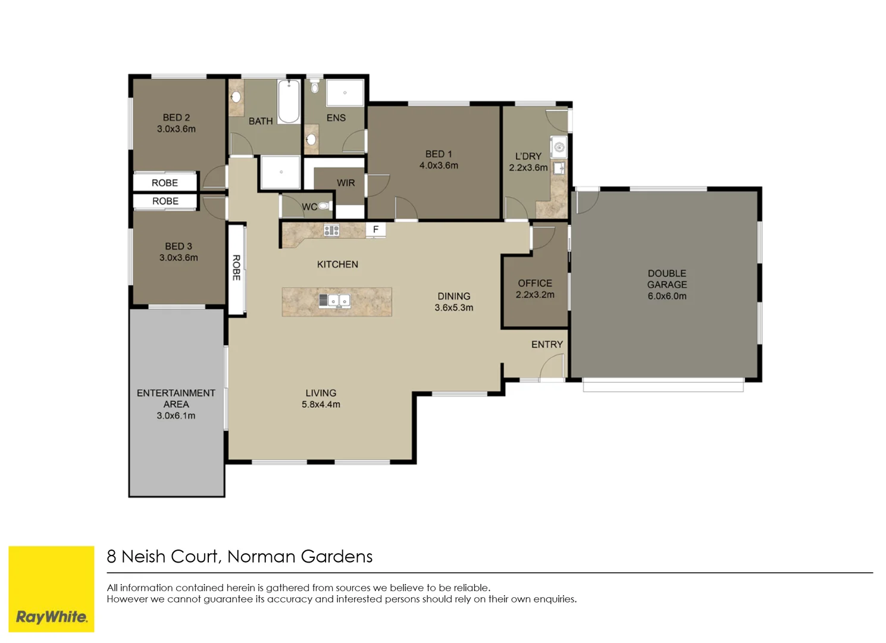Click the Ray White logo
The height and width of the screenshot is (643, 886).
[x=51, y=617]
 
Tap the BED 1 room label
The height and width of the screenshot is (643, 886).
[x=439, y=154]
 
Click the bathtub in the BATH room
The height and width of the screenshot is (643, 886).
[x=289, y=101]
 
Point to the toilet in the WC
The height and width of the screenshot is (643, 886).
[x=323, y=206]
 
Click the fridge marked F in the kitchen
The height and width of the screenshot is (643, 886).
[x=375, y=229]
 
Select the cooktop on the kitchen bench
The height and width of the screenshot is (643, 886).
[x=331, y=230]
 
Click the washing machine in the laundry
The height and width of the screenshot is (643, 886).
[x=559, y=146]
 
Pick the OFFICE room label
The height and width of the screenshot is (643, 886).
[x=534, y=283]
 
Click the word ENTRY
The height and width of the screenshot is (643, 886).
[x=547, y=345]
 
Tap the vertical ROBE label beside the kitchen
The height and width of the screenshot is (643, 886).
[x=236, y=268]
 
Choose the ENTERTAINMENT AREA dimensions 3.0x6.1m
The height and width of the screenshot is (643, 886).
[x=176, y=416]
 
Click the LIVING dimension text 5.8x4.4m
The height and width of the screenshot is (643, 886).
[x=321, y=404]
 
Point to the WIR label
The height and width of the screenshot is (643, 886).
[x=346, y=183]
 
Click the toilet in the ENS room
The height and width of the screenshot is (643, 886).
[x=314, y=88]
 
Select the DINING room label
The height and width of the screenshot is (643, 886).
[x=453, y=296]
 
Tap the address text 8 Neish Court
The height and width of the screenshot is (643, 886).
[x=163, y=556]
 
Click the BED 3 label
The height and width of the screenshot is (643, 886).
[x=178, y=246]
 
